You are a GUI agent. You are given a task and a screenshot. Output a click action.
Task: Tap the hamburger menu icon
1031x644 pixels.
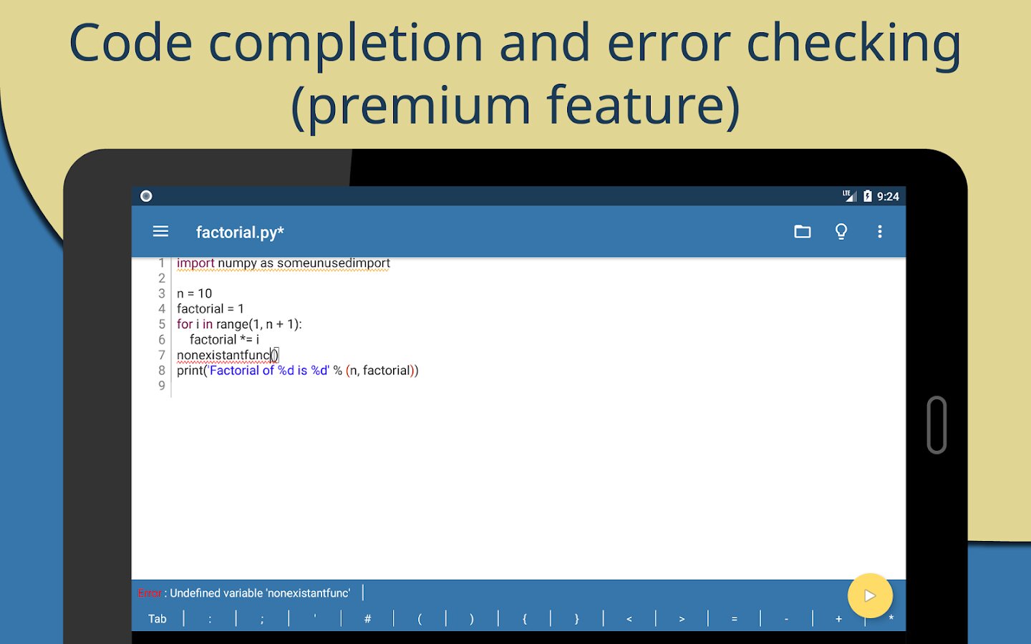tap(160, 231)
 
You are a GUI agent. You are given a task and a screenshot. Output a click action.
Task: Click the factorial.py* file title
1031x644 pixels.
tap(240, 232)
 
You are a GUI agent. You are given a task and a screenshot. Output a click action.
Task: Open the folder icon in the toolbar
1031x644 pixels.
tap(802, 231)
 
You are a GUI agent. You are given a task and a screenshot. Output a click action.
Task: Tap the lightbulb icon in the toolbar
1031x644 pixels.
tap(841, 231)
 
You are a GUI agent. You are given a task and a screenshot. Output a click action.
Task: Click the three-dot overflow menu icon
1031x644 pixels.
tap(880, 231)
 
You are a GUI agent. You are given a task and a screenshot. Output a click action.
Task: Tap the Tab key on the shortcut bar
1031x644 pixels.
tap(158, 619)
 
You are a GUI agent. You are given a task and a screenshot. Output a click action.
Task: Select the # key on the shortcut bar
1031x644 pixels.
tap(367, 619)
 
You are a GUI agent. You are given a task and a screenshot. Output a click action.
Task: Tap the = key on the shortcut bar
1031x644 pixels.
tap(734, 619)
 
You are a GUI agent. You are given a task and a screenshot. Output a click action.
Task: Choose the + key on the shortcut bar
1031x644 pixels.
tap(838, 619)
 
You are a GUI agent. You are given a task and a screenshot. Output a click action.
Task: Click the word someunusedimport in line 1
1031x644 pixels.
tap(334, 263)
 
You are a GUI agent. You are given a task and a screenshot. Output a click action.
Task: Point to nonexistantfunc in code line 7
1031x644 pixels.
tap(223, 355)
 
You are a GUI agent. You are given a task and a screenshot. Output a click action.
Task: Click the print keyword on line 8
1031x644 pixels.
tap(190, 371)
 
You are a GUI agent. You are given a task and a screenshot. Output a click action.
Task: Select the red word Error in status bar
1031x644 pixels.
tap(150, 593)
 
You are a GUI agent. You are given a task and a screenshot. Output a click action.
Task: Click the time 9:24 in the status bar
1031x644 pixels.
tap(888, 197)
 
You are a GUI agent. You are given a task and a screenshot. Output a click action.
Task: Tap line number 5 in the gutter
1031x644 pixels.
tap(162, 324)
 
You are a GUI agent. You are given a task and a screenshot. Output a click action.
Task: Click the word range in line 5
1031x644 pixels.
tap(232, 324)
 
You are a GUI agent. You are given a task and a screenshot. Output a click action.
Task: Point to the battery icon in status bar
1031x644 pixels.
tap(867, 196)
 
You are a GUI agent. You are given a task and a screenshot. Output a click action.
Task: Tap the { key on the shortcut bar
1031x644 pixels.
tap(524, 619)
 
